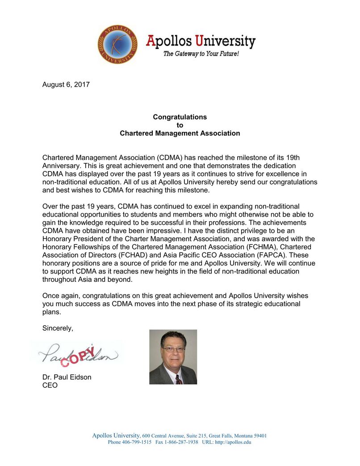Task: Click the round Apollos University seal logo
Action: tap(118, 44)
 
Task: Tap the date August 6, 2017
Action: tap(66, 84)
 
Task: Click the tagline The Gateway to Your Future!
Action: tap(201, 54)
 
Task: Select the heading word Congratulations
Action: tap(180, 117)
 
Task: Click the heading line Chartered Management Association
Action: tap(180, 133)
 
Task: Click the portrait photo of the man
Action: tap(173, 357)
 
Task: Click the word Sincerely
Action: tap(58, 328)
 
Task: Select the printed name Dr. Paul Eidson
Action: tap(67, 377)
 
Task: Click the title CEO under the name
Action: tap(50, 385)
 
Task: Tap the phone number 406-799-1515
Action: tap(137, 442)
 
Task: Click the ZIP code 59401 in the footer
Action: tap(259, 436)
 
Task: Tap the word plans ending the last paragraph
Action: tap(51, 312)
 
